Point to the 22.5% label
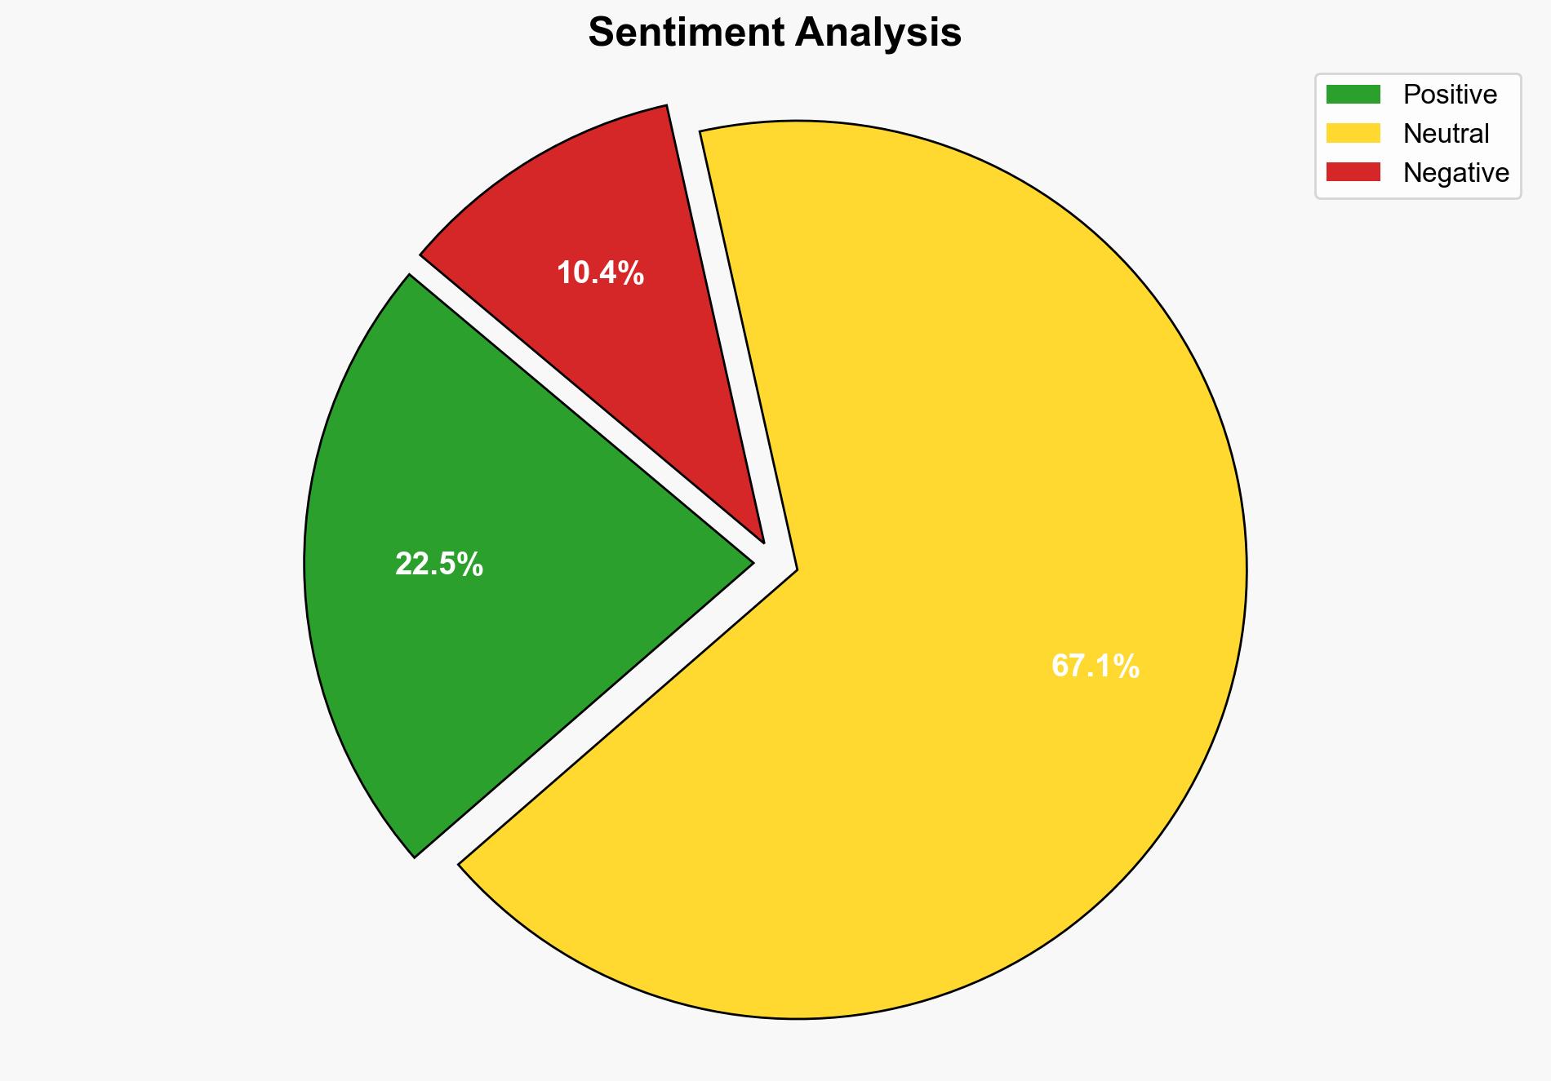click(439, 564)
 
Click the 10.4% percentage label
click(600, 273)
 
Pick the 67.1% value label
click(1095, 667)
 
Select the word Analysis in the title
click(879, 33)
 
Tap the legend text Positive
click(1450, 95)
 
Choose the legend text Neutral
click(1446, 134)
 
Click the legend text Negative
click(1455, 173)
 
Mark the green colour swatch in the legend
click(1353, 95)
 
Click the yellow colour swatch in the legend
click(1353, 133)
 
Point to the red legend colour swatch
click(1353, 172)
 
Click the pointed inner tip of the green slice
click(749, 562)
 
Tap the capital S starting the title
click(602, 33)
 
